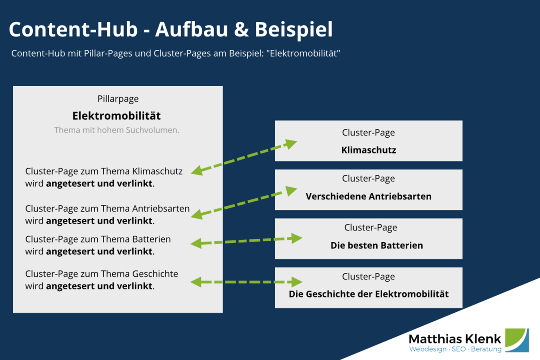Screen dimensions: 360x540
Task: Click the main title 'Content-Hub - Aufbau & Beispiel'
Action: click(x=171, y=29)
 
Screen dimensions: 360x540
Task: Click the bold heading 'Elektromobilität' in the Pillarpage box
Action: click(x=117, y=116)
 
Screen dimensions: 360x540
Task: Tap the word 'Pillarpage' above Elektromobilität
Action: click(x=118, y=99)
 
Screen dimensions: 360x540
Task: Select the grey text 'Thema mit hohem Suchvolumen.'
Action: click(x=117, y=130)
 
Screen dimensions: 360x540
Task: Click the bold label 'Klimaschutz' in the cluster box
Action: click(x=369, y=150)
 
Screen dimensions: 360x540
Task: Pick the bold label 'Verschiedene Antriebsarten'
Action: click(x=369, y=196)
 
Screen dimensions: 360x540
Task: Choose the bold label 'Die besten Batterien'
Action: click(x=377, y=245)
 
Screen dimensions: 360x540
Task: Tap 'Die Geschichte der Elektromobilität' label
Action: click(x=369, y=294)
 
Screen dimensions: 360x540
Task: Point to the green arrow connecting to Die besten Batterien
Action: click(x=246, y=241)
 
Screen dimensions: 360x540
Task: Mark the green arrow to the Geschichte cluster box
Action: click(x=246, y=282)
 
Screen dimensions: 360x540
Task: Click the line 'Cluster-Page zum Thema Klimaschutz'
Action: click(x=104, y=171)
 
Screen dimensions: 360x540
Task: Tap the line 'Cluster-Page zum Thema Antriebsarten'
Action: click(x=108, y=208)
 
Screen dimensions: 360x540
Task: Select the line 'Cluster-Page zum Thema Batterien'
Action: click(x=98, y=239)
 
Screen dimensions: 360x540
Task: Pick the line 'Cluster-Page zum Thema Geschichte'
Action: click(x=102, y=274)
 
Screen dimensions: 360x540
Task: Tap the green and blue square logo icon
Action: click(x=517, y=340)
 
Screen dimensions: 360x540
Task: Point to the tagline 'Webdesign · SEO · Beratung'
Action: click(x=455, y=350)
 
